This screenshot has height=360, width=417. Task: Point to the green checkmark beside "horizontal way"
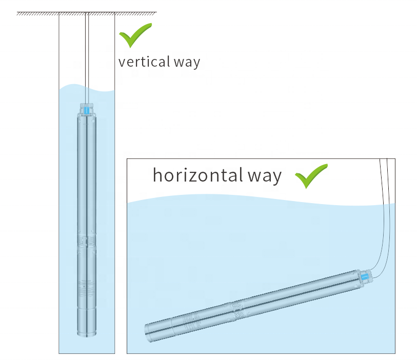311,175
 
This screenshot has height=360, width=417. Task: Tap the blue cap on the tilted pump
365,277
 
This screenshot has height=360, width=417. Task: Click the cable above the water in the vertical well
87,51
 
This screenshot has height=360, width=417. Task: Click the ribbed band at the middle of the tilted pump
237,307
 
